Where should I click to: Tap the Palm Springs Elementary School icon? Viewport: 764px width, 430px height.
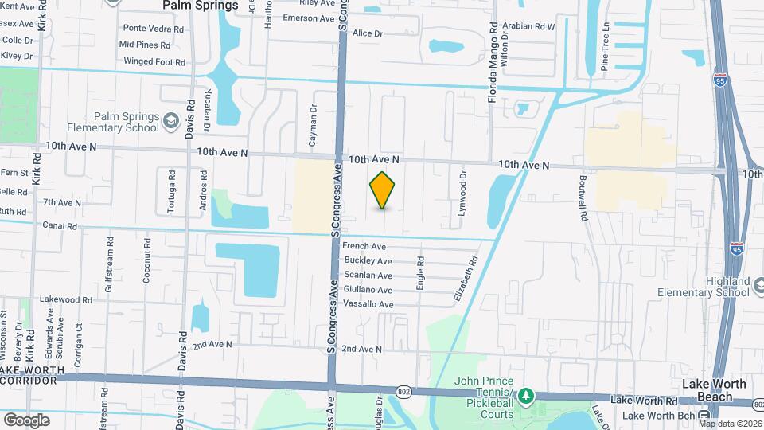pos(170,121)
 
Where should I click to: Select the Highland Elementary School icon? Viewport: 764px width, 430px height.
pos(758,285)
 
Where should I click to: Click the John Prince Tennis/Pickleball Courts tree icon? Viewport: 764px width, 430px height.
pos(524,395)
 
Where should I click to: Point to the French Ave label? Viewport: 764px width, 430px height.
pos(364,247)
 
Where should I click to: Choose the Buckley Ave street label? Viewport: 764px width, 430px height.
pos(367,261)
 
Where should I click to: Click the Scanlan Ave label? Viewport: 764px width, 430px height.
pos(367,276)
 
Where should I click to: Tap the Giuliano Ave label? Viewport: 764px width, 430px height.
pos(368,290)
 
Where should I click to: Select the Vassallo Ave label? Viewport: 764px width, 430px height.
pos(368,304)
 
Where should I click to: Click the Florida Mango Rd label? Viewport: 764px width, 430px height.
pos(493,56)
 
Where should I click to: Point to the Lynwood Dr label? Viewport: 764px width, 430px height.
pos(462,192)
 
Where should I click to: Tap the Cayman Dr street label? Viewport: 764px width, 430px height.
pos(314,127)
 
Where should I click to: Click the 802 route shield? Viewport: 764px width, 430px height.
pos(403,391)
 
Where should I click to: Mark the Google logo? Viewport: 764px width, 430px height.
pos(26,420)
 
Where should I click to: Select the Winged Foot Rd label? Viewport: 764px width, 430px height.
pos(154,61)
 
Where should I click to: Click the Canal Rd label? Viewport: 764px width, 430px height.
pos(60,226)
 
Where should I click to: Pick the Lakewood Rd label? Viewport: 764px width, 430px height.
pos(66,300)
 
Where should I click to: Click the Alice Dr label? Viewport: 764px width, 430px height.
pos(368,33)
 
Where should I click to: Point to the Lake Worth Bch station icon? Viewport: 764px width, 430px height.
pos(704,416)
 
